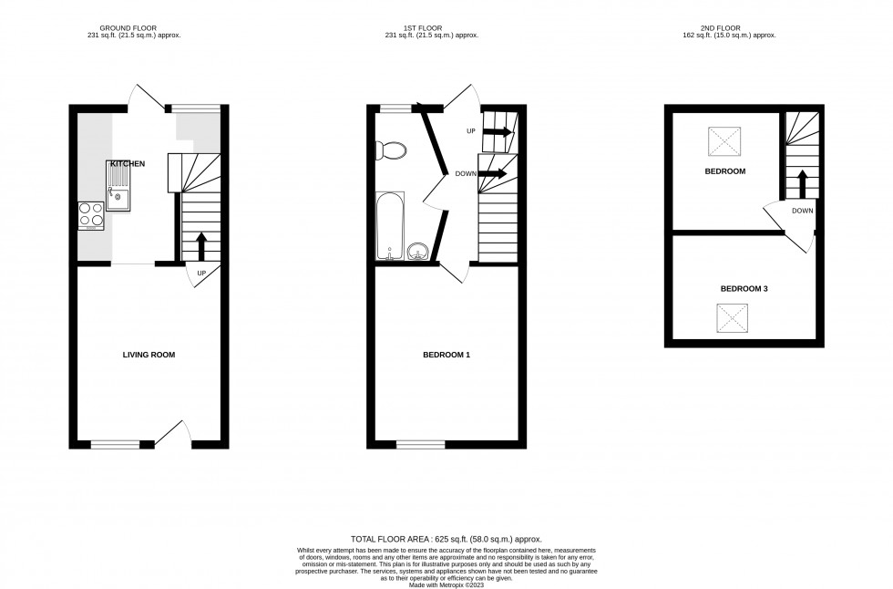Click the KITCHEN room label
point(128,163)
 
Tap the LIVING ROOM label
point(149,355)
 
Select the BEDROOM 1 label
point(446,355)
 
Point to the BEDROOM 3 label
point(744,289)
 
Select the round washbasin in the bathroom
point(418,250)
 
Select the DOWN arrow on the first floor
point(493,173)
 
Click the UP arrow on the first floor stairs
point(498,132)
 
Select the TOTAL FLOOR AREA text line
point(446,540)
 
